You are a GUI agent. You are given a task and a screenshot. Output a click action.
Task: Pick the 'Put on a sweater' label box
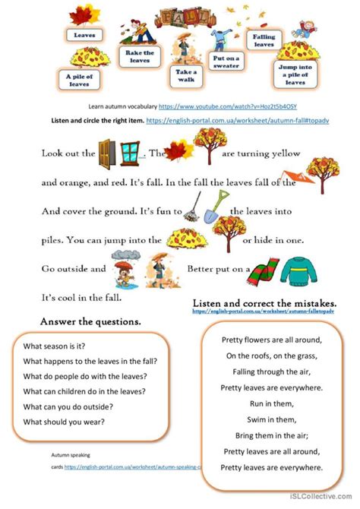(x=226, y=61)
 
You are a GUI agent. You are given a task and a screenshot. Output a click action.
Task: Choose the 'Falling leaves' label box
(x=264, y=40)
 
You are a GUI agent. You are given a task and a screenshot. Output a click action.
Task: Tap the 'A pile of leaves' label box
(x=78, y=80)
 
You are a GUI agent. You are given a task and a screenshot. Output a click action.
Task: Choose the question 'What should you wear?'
(x=65, y=422)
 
